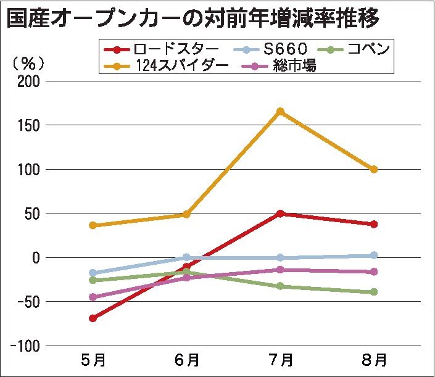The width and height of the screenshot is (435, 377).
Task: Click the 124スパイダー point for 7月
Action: pyautogui.click(x=280, y=112)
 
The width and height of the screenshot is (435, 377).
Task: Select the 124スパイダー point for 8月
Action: pyautogui.click(x=374, y=169)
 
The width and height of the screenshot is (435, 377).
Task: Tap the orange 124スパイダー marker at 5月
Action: pyautogui.click(x=93, y=225)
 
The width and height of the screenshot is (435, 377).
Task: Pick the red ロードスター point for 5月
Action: pyautogui.click(x=93, y=318)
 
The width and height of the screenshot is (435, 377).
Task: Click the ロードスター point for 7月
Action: pyautogui.click(x=280, y=213)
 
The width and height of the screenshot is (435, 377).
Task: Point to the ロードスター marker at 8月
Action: pyautogui.click(x=374, y=224)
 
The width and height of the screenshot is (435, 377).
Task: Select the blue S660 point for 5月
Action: pyautogui.click(x=93, y=273)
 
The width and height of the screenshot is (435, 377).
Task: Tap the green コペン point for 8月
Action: pyautogui.click(x=374, y=292)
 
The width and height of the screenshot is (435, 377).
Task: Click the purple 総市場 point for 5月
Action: pyautogui.click(x=93, y=297)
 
